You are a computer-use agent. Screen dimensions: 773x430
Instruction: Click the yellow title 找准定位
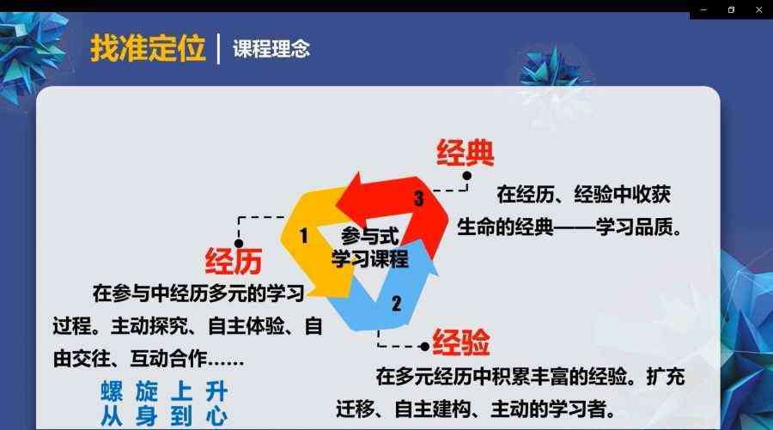148,48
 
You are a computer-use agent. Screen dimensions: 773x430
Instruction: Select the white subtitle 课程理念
271,49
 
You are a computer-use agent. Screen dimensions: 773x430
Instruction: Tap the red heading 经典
465,153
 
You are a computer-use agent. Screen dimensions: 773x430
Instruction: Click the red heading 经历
233,261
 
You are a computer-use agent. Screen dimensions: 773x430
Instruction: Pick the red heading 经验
461,342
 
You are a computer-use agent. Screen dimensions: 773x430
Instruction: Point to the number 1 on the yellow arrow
304,235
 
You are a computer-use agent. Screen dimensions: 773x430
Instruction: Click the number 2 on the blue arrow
396,304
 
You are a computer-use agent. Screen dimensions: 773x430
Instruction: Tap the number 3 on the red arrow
418,198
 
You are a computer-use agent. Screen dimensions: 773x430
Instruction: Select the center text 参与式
369,236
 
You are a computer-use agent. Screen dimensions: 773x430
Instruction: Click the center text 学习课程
369,259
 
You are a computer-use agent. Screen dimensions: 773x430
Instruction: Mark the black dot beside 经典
467,175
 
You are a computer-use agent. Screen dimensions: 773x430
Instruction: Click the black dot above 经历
239,243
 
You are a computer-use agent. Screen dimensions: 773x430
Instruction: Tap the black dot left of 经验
424,347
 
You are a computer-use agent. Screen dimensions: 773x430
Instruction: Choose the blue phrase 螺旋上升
164,392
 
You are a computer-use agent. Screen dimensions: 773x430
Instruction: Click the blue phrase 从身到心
164,416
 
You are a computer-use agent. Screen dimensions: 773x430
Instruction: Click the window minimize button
703,9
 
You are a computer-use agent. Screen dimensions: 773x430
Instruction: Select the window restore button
731,9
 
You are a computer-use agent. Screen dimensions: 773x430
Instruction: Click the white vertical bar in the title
218,48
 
